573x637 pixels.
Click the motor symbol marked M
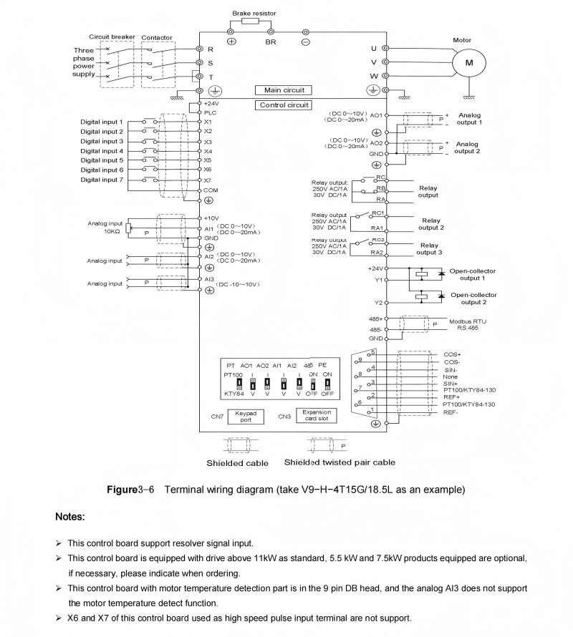point(469,63)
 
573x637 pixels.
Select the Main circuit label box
point(284,90)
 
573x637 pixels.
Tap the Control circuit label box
point(284,104)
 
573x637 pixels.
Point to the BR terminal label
point(271,42)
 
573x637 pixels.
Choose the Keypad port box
point(246,417)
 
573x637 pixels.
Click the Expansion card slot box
point(315,416)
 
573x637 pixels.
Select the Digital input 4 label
point(102,151)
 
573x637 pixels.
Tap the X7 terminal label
point(208,180)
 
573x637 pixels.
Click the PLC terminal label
point(209,112)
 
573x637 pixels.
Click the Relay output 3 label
point(430,248)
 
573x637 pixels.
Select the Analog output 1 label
point(471,118)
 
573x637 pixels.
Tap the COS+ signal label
point(453,354)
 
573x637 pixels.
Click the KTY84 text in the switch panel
point(234,394)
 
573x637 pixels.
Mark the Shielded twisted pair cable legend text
point(340,462)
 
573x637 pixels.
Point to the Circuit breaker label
point(112,37)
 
